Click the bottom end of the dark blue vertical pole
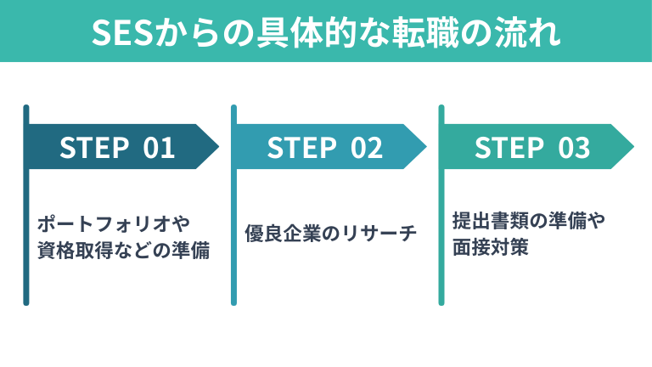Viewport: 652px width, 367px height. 26,301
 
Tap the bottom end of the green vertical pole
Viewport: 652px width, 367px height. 441,301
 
